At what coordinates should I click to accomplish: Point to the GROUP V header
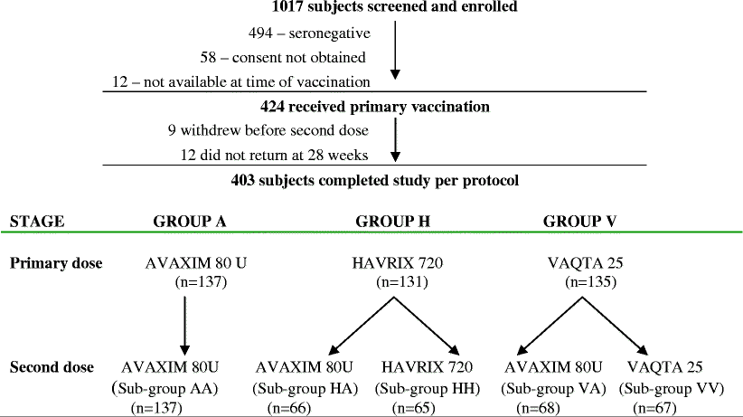(x=579, y=221)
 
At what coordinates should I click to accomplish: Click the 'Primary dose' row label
(x=55, y=263)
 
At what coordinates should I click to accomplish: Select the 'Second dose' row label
(x=52, y=367)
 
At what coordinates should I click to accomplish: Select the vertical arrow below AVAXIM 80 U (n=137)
(x=184, y=322)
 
